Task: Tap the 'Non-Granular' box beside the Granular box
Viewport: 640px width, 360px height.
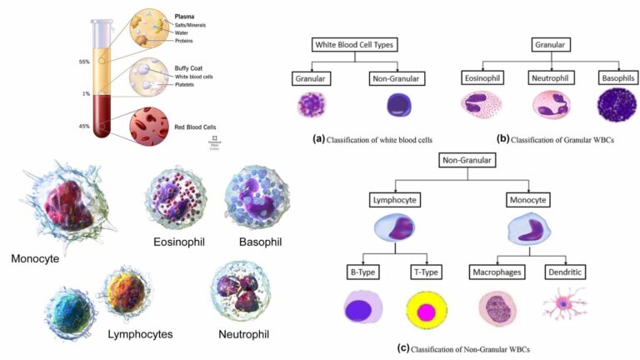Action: (393, 77)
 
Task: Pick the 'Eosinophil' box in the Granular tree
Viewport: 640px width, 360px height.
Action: (482, 77)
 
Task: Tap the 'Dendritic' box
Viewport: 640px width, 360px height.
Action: (566, 272)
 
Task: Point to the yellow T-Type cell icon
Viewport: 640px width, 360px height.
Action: (427, 312)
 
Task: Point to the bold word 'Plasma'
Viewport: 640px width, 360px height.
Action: (186, 16)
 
